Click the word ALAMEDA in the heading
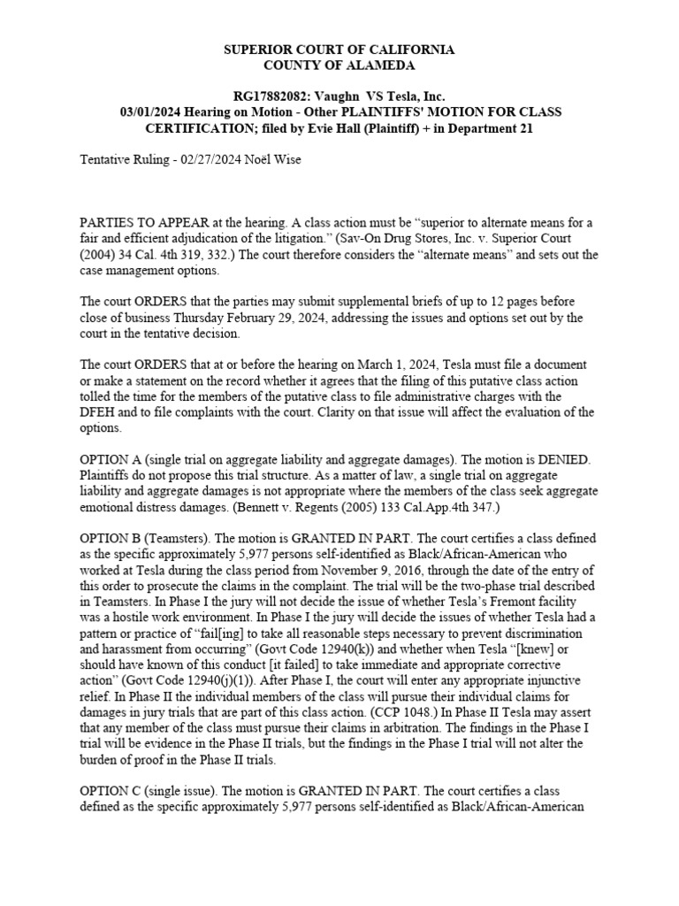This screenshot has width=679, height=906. point(367,65)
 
